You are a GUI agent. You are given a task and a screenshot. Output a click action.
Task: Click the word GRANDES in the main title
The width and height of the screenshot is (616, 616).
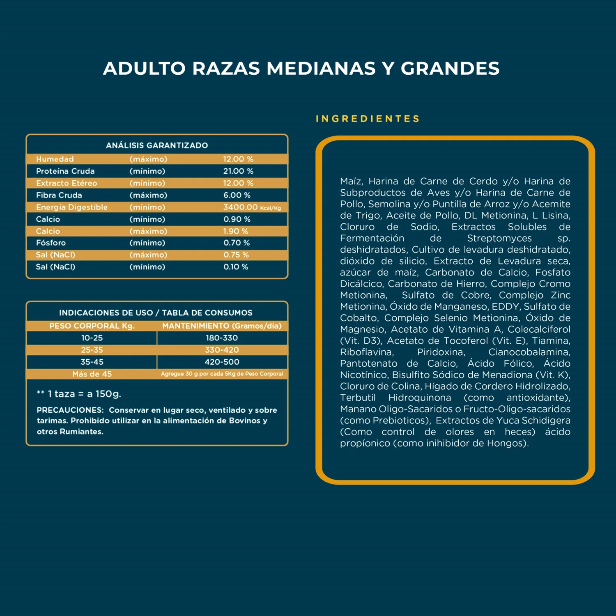pyautogui.click(x=450, y=69)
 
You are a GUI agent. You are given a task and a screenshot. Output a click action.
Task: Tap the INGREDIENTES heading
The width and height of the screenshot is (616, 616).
pyautogui.click(x=368, y=119)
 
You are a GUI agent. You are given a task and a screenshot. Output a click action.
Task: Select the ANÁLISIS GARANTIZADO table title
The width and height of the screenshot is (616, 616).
pyautogui.click(x=157, y=145)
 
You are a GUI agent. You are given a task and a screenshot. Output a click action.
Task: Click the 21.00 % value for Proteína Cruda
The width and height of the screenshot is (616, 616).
pyautogui.click(x=238, y=171)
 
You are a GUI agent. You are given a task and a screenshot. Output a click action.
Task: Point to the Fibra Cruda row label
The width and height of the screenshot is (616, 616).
pyautogui.click(x=59, y=195)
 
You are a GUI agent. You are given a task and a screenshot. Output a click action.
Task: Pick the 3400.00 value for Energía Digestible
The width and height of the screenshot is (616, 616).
pyautogui.click(x=240, y=207)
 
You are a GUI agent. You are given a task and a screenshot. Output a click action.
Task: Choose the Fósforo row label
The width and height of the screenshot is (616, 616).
pyautogui.click(x=51, y=243)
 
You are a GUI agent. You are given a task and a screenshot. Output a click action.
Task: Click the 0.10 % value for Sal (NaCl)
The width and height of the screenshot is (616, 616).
pyautogui.click(x=236, y=267)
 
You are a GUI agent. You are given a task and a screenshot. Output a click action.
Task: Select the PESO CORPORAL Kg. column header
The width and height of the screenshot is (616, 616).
pyautogui.click(x=92, y=326)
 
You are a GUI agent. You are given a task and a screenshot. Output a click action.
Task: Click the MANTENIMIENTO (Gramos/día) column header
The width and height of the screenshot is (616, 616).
pyautogui.click(x=222, y=326)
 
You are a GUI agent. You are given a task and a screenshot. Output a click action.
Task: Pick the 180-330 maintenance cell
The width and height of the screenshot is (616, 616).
pyautogui.click(x=222, y=338)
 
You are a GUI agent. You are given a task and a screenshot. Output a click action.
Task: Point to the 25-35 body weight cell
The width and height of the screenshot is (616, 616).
pyautogui.click(x=92, y=350)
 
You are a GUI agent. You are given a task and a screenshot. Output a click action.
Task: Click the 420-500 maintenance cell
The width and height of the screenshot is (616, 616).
pyautogui.click(x=222, y=362)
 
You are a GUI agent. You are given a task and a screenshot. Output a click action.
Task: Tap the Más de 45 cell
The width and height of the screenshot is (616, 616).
pyautogui.click(x=92, y=374)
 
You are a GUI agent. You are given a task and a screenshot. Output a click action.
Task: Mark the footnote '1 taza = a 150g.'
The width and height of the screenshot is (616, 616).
pyautogui.click(x=84, y=394)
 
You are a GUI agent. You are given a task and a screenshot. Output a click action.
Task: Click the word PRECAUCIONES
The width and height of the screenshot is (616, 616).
pyautogui.click(x=70, y=410)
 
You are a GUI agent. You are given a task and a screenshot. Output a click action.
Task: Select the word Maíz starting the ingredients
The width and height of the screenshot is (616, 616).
pyautogui.click(x=351, y=182)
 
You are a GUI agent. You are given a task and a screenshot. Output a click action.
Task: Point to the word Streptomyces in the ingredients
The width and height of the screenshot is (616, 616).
pyautogui.click(x=499, y=238)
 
